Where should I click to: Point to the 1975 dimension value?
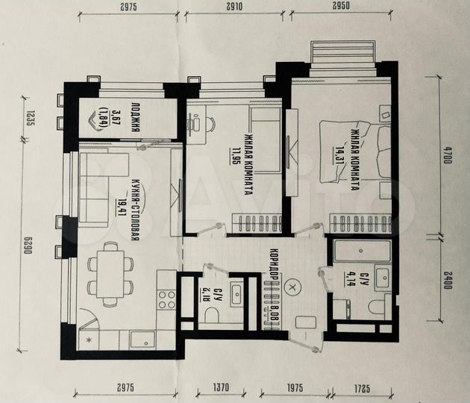[294, 388]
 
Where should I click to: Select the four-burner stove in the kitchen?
[166, 299]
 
